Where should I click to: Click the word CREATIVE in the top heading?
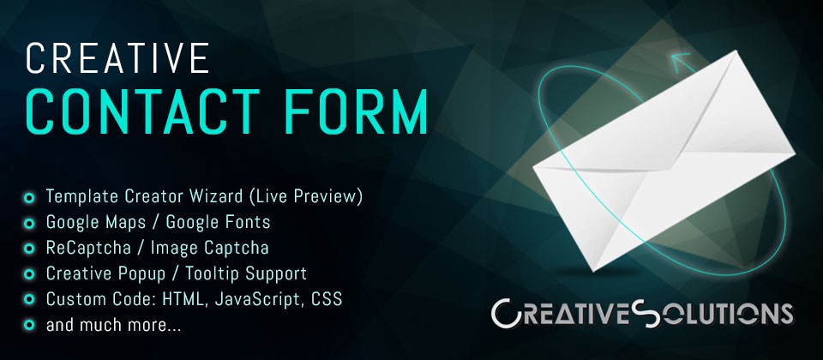coord(117,58)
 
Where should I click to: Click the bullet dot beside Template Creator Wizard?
coord(29,198)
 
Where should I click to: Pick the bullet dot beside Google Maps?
coord(29,224)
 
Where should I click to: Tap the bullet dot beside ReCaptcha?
coord(29,249)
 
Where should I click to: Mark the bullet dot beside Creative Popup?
coord(29,274)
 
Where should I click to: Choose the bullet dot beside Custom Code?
coord(29,300)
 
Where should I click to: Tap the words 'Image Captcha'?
coord(219,249)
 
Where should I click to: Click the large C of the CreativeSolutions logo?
coord(507,314)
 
